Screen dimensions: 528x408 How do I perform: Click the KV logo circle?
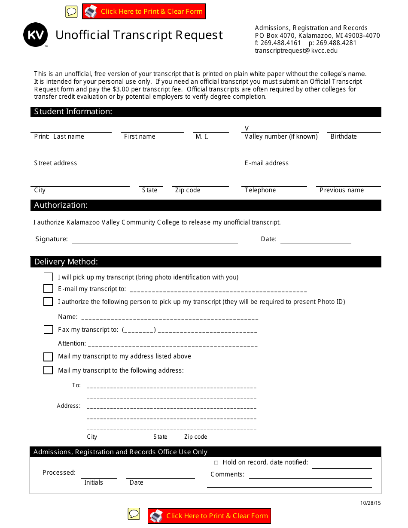35,35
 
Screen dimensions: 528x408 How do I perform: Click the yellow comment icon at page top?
71,12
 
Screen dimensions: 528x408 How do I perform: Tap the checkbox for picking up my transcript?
48,277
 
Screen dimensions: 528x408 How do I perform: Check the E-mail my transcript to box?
48,289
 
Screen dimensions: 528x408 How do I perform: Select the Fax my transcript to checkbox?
48,330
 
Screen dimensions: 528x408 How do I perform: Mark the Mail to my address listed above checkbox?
48,357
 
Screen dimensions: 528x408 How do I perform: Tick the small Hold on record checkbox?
216,463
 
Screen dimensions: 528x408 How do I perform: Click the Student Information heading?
73,112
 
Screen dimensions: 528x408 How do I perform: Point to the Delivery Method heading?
66,262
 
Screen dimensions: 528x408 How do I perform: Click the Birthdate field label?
344,137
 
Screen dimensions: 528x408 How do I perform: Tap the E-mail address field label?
266,163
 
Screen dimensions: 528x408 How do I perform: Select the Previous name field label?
341,190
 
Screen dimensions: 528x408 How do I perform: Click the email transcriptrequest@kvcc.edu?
296,51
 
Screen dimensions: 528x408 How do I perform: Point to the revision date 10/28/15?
370,503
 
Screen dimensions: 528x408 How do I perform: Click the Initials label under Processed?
94,482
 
